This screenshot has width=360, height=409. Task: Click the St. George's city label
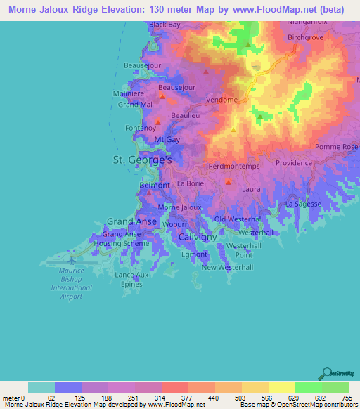click(143, 160)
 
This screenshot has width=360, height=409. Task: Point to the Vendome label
click(222, 100)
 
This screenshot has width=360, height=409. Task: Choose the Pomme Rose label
click(336, 147)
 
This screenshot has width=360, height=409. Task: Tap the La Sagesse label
click(302, 203)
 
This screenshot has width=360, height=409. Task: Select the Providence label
click(292, 162)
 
